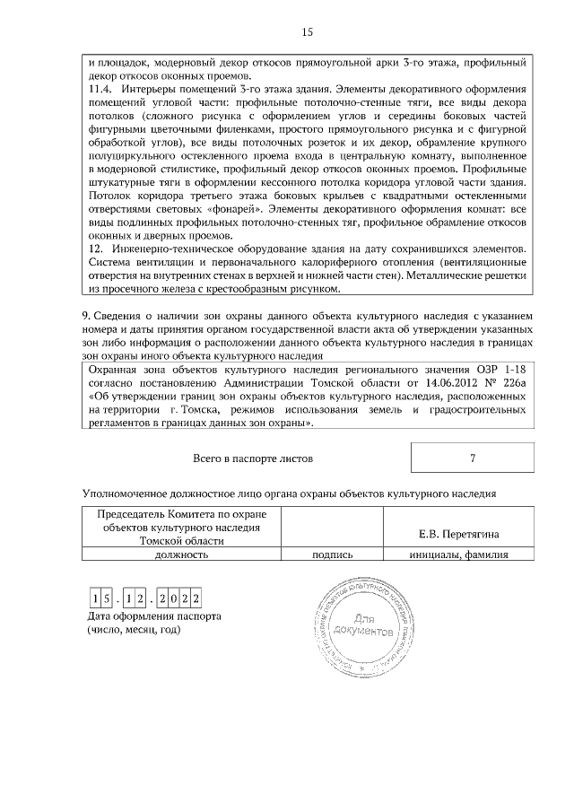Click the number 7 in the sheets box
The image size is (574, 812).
[x=472, y=458]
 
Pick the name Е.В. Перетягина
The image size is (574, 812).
[x=459, y=536]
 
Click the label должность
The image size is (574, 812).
[x=182, y=554]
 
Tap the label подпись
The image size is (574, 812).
[x=331, y=554]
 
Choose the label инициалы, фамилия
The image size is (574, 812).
[x=459, y=554]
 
